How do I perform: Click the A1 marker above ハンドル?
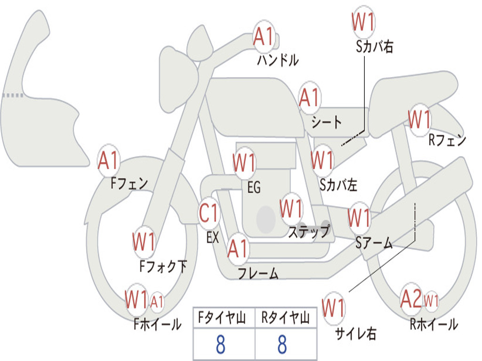pyautogui.click(x=264, y=36)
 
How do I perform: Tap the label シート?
pyautogui.click(x=327, y=122)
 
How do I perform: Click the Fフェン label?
pyautogui.click(x=129, y=182)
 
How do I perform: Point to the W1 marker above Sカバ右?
pyautogui.click(x=363, y=22)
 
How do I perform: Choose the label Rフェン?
pyautogui.click(x=447, y=140)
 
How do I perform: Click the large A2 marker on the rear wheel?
pyautogui.click(x=411, y=299)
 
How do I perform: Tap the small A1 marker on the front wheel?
pyautogui.click(x=157, y=301)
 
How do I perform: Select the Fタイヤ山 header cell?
pyautogui.click(x=223, y=318)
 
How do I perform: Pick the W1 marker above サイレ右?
pyautogui.click(x=333, y=308)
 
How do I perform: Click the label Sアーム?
pyautogui.click(x=374, y=243)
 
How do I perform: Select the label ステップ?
pyautogui.click(x=309, y=231)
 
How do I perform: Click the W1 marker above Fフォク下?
pyautogui.click(x=144, y=243)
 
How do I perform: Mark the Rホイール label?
pyautogui.click(x=434, y=324)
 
